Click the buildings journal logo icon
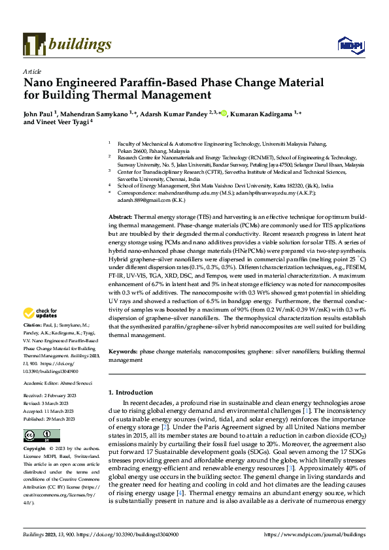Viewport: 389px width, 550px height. pos(33,44)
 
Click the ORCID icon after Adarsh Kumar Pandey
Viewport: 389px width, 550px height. pos(223,114)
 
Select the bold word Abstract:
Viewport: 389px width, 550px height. pos(120,215)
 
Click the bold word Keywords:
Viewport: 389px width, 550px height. pos(123,351)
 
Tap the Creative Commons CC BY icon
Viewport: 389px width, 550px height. pos(33,435)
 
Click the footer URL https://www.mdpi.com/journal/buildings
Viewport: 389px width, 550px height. pos(314,535)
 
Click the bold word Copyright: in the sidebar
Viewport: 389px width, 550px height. pos(35,449)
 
